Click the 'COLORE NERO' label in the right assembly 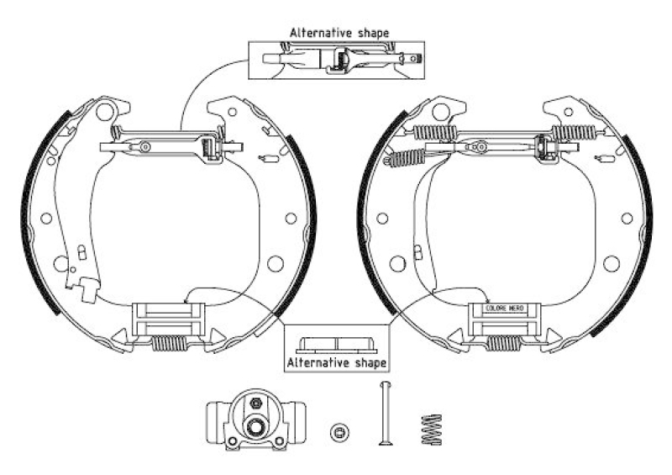(504, 309)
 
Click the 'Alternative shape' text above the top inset (339, 33)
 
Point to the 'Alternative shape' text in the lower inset (336, 362)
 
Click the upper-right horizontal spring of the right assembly (575, 131)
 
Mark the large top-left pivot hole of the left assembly (106, 110)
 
